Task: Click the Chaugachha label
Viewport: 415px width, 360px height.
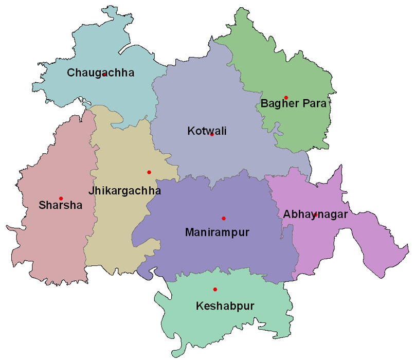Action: point(100,73)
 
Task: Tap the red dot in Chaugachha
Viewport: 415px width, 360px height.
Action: point(104,75)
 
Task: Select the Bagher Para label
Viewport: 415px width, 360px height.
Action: point(293,104)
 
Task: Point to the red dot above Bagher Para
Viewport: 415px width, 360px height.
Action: point(286,98)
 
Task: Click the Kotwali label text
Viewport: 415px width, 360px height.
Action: point(207,132)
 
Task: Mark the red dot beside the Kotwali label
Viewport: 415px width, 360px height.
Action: point(212,135)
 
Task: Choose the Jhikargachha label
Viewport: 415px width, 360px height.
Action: point(124,191)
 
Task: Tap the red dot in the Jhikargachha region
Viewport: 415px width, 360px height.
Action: point(149,172)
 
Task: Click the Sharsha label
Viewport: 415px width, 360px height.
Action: point(60,206)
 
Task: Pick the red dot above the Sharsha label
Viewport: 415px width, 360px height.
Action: point(61,199)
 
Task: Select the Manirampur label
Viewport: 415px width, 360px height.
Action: point(216,233)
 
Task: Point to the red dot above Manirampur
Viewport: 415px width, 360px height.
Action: point(223,219)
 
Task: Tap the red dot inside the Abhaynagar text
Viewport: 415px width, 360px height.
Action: point(315,214)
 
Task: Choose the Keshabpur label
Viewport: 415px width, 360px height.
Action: point(225,307)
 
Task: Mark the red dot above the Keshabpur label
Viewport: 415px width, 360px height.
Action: point(215,290)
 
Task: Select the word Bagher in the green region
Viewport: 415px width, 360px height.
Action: point(278,104)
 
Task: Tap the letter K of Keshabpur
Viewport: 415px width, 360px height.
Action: point(200,307)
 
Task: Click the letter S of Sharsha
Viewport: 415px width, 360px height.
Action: point(42,206)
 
